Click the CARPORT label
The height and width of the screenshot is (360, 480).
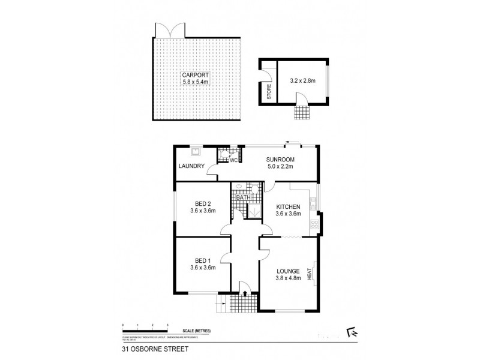click(x=195, y=75)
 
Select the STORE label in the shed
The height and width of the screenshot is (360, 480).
click(x=269, y=91)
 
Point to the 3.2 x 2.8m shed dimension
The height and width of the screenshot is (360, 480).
click(x=302, y=79)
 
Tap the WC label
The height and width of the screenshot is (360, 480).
click(x=234, y=160)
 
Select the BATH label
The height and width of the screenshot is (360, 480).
click(x=242, y=197)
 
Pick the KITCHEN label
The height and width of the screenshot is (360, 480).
click(x=288, y=206)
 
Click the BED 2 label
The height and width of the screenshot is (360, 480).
click(x=202, y=203)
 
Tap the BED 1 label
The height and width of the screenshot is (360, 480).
click(x=202, y=260)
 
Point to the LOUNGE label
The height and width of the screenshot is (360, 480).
click(x=289, y=271)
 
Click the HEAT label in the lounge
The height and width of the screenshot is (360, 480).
click(x=310, y=274)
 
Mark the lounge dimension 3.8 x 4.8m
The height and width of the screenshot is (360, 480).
click(x=289, y=278)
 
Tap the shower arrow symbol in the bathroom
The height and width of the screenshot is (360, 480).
click(x=254, y=211)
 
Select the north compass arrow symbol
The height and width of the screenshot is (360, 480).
click(x=352, y=331)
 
